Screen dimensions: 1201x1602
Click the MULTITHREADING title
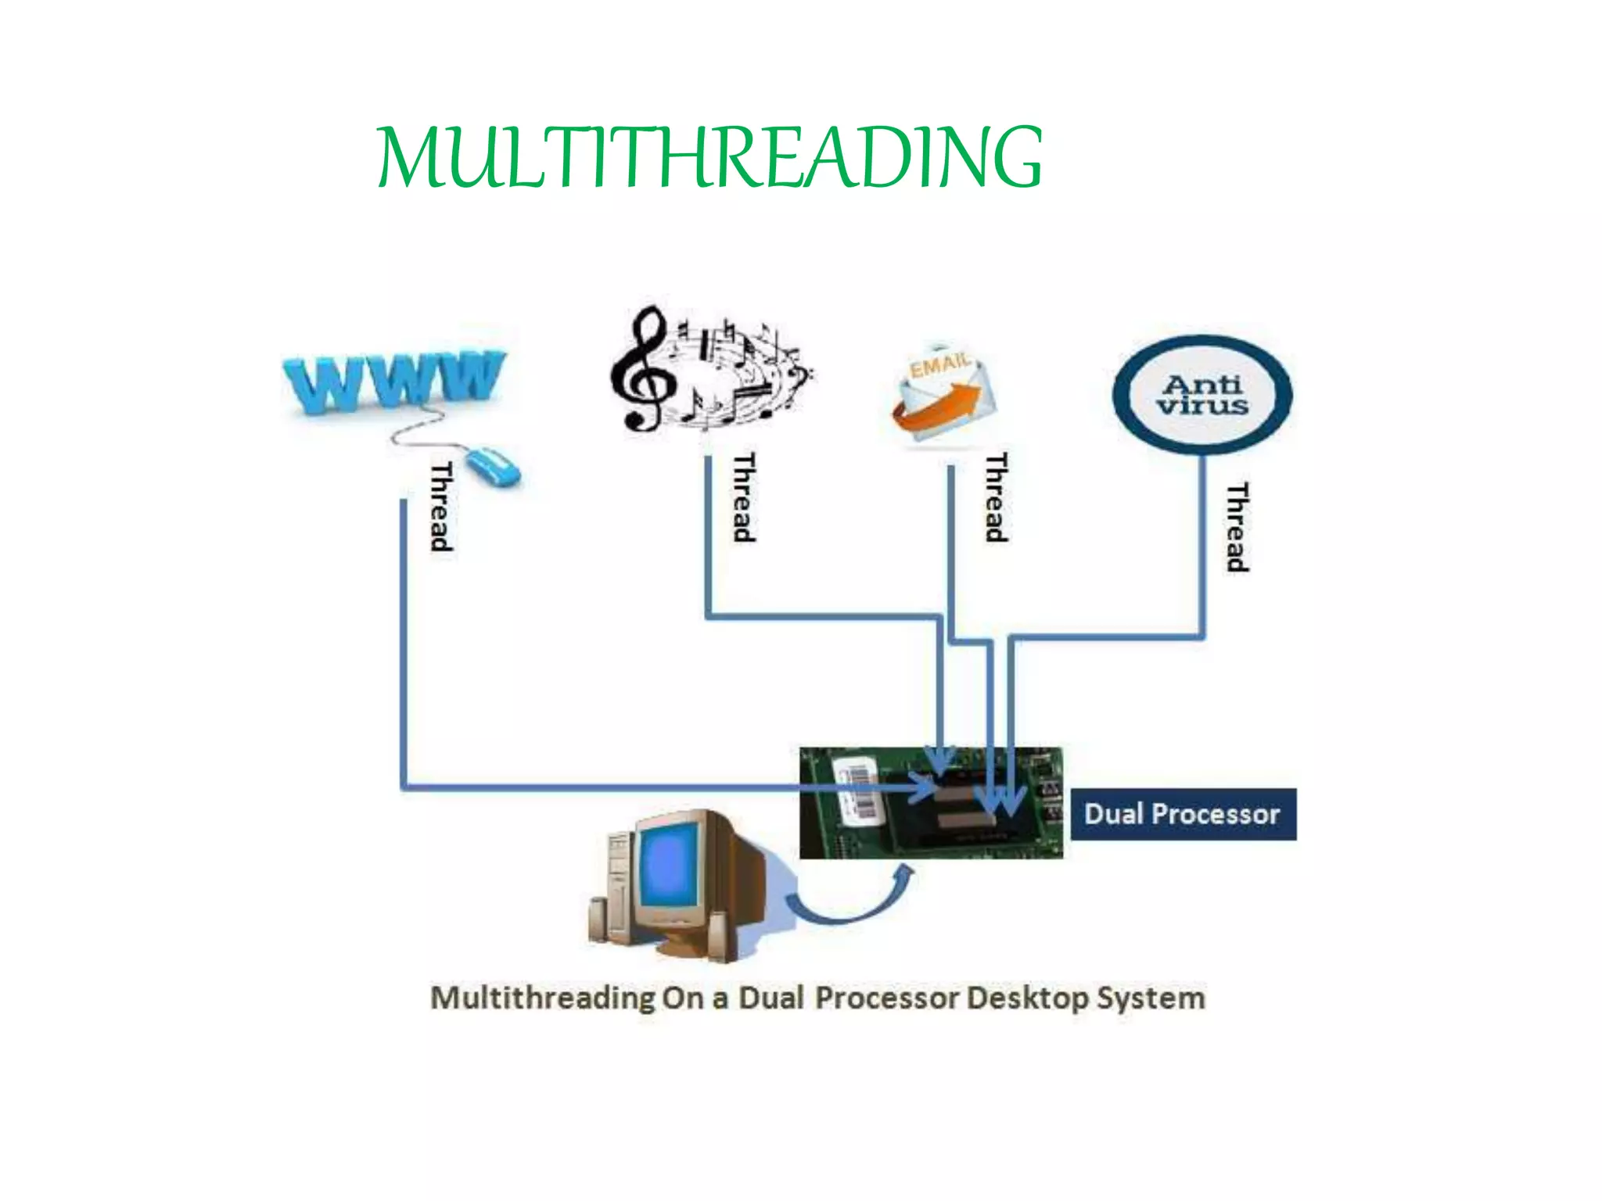coord(709,158)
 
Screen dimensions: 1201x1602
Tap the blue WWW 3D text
coord(393,382)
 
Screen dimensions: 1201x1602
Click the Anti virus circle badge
coord(1202,395)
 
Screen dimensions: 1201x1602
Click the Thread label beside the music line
coord(744,497)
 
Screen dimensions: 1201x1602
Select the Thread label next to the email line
coord(996,497)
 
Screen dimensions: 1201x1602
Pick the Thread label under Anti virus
coord(1237,527)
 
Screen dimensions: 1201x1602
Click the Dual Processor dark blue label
coord(1182,814)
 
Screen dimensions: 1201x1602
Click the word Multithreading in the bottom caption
coord(544,998)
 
